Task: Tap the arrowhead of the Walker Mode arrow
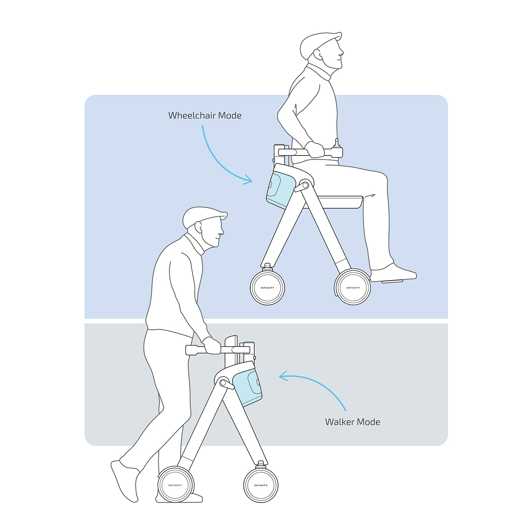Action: tap(283, 376)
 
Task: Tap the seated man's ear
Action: tap(317, 55)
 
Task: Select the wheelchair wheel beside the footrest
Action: tap(353, 287)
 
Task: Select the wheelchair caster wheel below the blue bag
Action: tap(267, 287)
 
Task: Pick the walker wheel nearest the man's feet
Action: tap(175, 485)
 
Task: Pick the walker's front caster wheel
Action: tap(261, 485)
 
